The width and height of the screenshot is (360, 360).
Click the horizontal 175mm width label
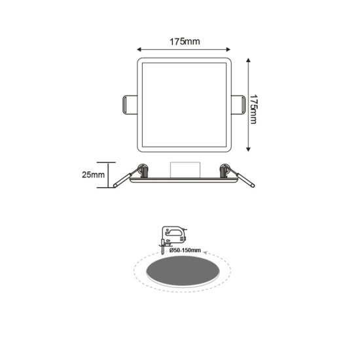click(183, 42)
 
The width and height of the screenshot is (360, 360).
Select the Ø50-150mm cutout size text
click(184, 250)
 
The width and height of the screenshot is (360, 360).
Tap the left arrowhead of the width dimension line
click(139, 49)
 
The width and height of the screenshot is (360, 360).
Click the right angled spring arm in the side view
click(243, 179)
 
